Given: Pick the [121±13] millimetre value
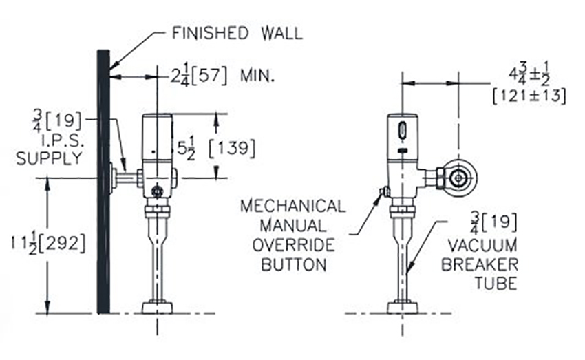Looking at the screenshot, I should [x=529, y=96].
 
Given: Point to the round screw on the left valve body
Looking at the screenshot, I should [x=158, y=191].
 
